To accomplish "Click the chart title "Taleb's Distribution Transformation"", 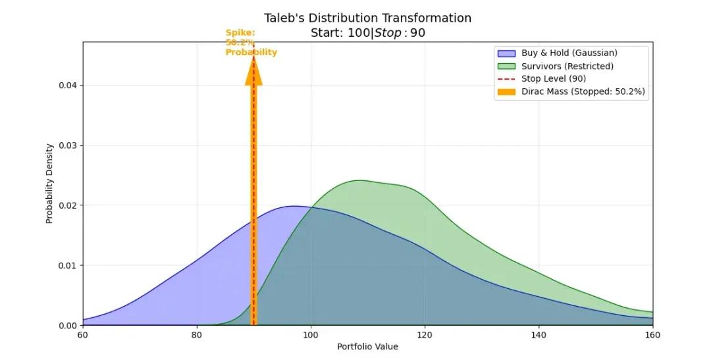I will tap(367, 18).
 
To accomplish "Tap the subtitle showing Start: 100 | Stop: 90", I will tap(367, 33).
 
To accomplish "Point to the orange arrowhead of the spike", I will tap(253, 72).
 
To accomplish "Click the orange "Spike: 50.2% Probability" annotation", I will tap(251, 42).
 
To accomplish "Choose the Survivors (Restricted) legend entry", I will tap(567, 66).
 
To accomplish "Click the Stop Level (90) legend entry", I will tap(553, 79).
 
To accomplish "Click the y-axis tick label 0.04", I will tap(68, 86).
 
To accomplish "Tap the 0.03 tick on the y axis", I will tap(68, 145).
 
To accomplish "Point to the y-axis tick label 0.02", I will tap(68, 205).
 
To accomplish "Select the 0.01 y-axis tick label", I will tap(68, 265).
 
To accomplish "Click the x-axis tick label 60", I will tap(83, 336).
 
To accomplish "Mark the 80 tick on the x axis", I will tap(197, 336).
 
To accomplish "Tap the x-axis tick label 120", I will tap(425, 336).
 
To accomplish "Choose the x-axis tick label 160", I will tap(652, 336).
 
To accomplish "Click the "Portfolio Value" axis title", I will tap(367, 347).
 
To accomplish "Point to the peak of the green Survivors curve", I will tap(359, 180).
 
